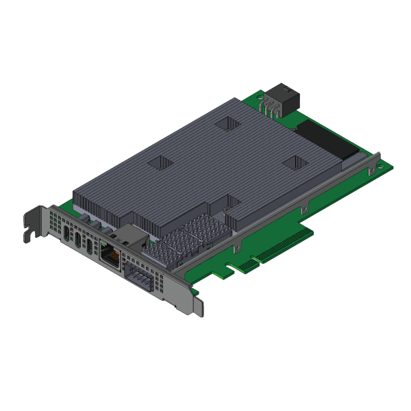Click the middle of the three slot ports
(x=79, y=239)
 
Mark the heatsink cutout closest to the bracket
(x=162, y=162)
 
